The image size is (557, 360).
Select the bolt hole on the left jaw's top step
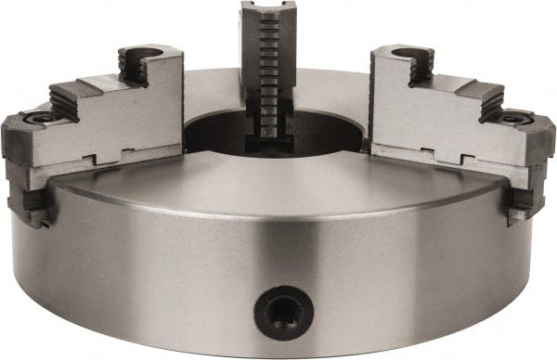click(144, 55)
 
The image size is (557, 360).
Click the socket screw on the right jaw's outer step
click(513, 119)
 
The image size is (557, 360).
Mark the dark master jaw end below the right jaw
click(521, 205)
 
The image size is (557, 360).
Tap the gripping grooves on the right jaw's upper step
click(422, 66)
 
